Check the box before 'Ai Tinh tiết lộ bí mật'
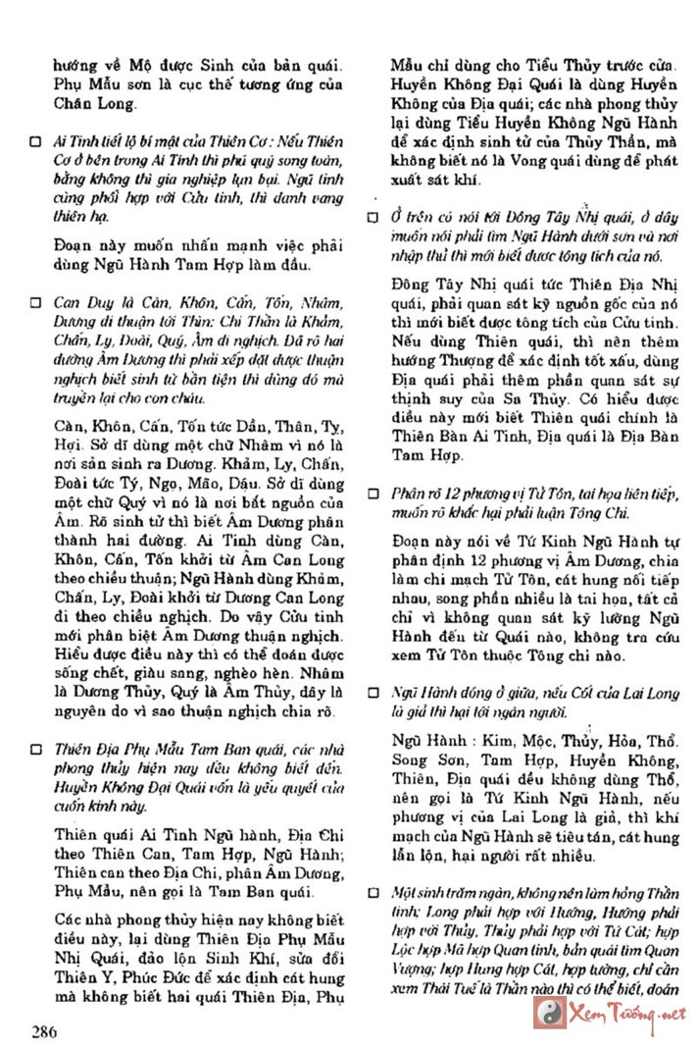click(35, 142)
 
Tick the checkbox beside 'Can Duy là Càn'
click(35, 303)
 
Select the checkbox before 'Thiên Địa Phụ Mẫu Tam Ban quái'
click(35, 748)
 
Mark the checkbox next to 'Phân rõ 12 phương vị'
click(374, 493)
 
